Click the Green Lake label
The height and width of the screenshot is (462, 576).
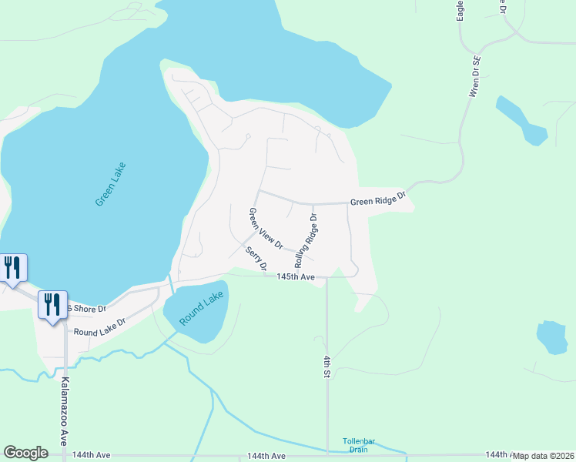tap(110, 184)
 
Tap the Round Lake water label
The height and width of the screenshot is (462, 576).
tap(202, 308)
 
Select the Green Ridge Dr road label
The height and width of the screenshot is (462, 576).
tap(377, 200)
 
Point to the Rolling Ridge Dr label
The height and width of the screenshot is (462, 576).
tap(306, 239)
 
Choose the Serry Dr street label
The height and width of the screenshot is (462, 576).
tap(256, 259)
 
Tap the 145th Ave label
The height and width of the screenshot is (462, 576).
tap(296, 276)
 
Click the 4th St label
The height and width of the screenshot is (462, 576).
tap(327, 366)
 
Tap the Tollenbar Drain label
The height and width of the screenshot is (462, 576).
tap(357, 445)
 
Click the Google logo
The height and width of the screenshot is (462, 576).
tap(25, 453)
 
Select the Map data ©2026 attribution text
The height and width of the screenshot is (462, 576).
tap(544, 456)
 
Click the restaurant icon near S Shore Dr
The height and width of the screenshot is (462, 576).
tap(52, 304)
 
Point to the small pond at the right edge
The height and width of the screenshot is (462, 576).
tap(551, 337)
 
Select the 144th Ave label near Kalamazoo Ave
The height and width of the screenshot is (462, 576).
tap(92, 456)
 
